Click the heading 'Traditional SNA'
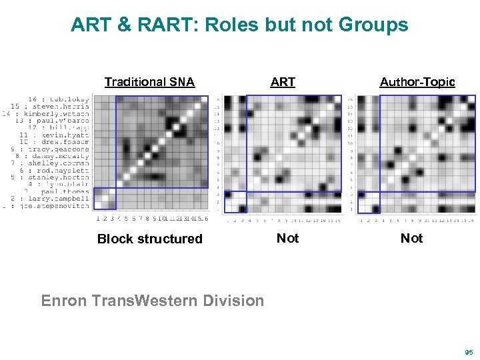pyautogui.click(x=149, y=82)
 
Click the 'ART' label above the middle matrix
pyautogui.click(x=283, y=82)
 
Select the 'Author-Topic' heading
pyautogui.click(x=417, y=82)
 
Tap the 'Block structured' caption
pyautogui.click(x=149, y=239)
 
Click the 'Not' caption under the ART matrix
pyautogui.click(x=287, y=238)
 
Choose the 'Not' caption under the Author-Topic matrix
pyautogui.click(x=411, y=238)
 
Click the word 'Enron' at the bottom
pyautogui.click(x=64, y=301)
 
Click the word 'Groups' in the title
pyautogui.click(x=372, y=25)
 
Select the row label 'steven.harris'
pyautogui.click(x=60, y=106)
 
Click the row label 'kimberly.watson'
pyautogui.click(x=57, y=113)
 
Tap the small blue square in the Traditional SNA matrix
pyautogui.click(x=104, y=199)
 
